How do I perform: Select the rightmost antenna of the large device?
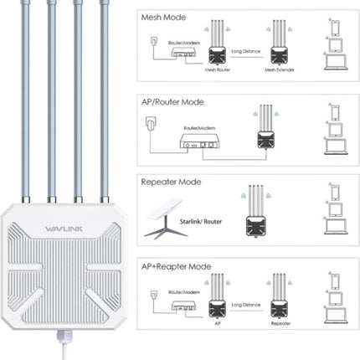pyautogui.click(x=106, y=100)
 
